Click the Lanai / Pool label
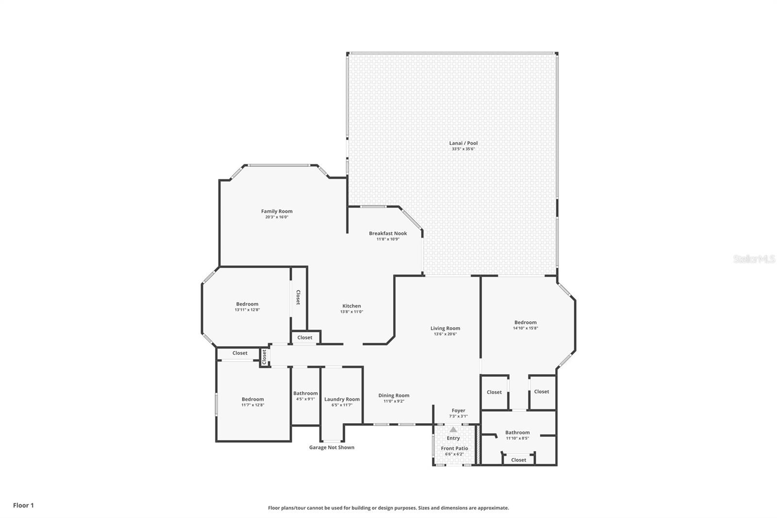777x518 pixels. coord(463,143)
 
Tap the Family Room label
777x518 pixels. coord(277,211)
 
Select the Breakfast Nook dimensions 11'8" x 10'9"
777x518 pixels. coord(388,239)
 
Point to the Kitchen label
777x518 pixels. coord(352,306)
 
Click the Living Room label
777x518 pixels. coord(445,328)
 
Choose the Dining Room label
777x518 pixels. coord(394,396)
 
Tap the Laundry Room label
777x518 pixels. coord(342,399)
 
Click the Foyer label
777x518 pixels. coord(458,411)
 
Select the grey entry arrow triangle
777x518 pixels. coord(453,430)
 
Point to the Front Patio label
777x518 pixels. coord(455,448)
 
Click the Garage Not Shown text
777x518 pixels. coord(332,447)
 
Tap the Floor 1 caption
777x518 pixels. coord(24,505)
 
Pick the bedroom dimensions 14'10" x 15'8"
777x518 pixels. coord(525,328)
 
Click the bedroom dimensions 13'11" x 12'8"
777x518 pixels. coord(247,310)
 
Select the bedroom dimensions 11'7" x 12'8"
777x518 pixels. coord(253,405)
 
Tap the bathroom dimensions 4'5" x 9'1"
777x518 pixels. coord(305,399)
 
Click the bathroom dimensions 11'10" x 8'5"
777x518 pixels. coord(517,438)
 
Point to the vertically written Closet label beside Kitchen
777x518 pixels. coord(298,297)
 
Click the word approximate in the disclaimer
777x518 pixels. coord(493,508)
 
